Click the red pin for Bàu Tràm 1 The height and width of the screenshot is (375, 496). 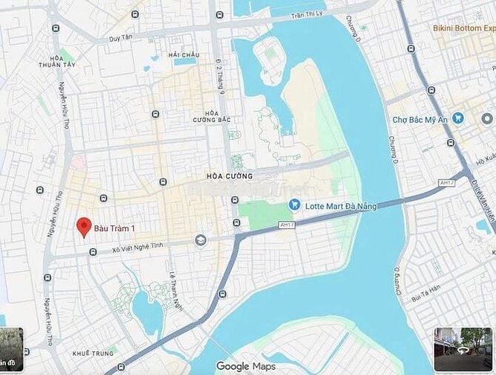pos(84,226)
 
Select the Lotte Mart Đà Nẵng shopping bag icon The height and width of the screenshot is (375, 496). pos(295,205)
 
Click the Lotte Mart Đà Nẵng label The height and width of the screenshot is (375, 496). pos(343,205)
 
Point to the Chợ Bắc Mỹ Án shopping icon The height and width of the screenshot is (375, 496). pos(458,118)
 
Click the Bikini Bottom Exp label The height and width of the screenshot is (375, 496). pos(464,28)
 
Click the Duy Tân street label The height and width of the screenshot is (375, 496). pos(121,37)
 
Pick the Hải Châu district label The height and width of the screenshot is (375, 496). pos(184,55)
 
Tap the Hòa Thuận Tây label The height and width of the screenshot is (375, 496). pos(66,62)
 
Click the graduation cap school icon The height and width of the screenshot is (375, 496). pos(200,240)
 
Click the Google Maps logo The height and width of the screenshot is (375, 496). pos(245,366)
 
